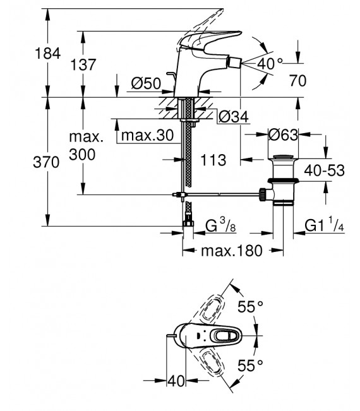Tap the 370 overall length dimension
pos(47,162)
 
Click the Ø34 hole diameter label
pos(232,116)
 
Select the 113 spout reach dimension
pos(213,160)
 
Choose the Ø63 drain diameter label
pos(284,135)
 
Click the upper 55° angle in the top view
pos(249,307)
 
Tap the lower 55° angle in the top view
pos(249,364)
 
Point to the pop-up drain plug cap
pos(284,156)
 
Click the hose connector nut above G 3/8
pos(187,222)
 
